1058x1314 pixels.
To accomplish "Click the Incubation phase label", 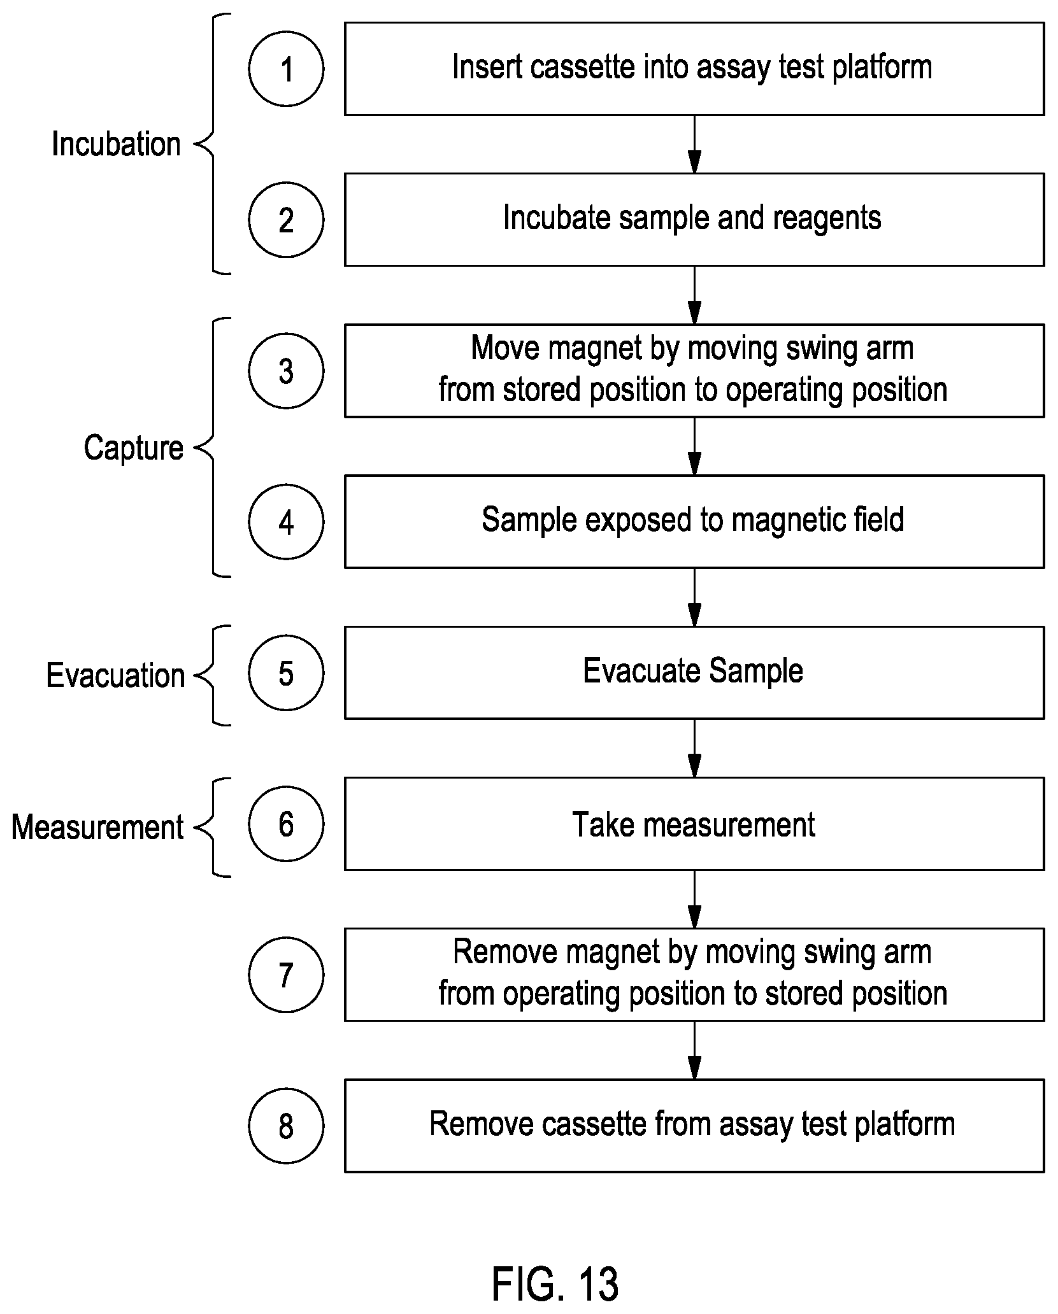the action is pyautogui.click(x=116, y=144).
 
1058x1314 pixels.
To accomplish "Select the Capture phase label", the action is pyautogui.click(x=133, y=448).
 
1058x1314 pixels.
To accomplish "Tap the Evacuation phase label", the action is pyautogui.click(x=115, y=675).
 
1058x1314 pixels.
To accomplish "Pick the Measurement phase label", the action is pyautogui.click(x=97, y=827).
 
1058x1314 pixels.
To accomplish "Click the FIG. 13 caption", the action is pyautogui.click(x=555, y=1283).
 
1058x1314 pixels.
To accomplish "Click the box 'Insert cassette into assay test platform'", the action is pyautogui.click(x=694, y=69).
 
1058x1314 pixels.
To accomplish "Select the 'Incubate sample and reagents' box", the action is pyautogui.click(x=694, y=220).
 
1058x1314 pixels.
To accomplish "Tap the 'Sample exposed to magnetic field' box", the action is pyautogui.click(x=694, y=521).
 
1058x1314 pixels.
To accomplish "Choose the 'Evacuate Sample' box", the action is pyautogui.click(x=694, y=673).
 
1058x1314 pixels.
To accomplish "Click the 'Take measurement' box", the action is pyautogui.click(x=694, y=824).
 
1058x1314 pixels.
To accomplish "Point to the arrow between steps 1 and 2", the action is pyautogui.click(x=694, y=145).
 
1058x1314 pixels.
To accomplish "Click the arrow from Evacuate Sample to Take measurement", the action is pyautogui.click(x=694, y=749).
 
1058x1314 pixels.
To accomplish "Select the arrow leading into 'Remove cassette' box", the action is pyautogui.click(x=694, y=1050).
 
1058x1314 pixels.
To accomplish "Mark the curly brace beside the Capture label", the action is pyautogui.click(x=212, y=448).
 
